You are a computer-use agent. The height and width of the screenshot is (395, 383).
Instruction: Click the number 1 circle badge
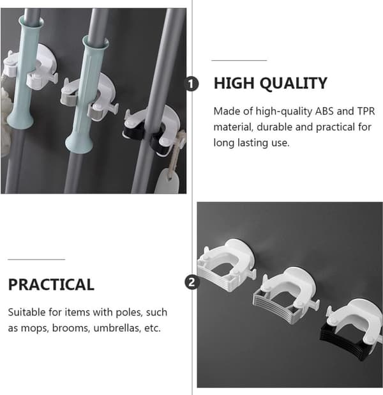tap(191, 84)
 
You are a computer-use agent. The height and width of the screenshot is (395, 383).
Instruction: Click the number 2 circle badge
tap(192, 282)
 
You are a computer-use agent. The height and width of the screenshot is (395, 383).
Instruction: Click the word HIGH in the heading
tap(233, 83)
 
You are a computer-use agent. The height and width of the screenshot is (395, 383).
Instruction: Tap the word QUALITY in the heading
tap(294, 83)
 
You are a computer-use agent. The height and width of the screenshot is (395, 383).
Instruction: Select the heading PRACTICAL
tap(51, 284)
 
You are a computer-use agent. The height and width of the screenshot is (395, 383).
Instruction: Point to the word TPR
tap(366, 111)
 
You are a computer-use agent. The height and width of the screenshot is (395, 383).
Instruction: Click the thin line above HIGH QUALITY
tap(239, 61)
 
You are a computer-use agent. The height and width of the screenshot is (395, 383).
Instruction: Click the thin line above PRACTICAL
tap(36, 259)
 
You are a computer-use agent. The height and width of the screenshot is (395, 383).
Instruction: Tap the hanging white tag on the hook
tap(167, 180)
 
